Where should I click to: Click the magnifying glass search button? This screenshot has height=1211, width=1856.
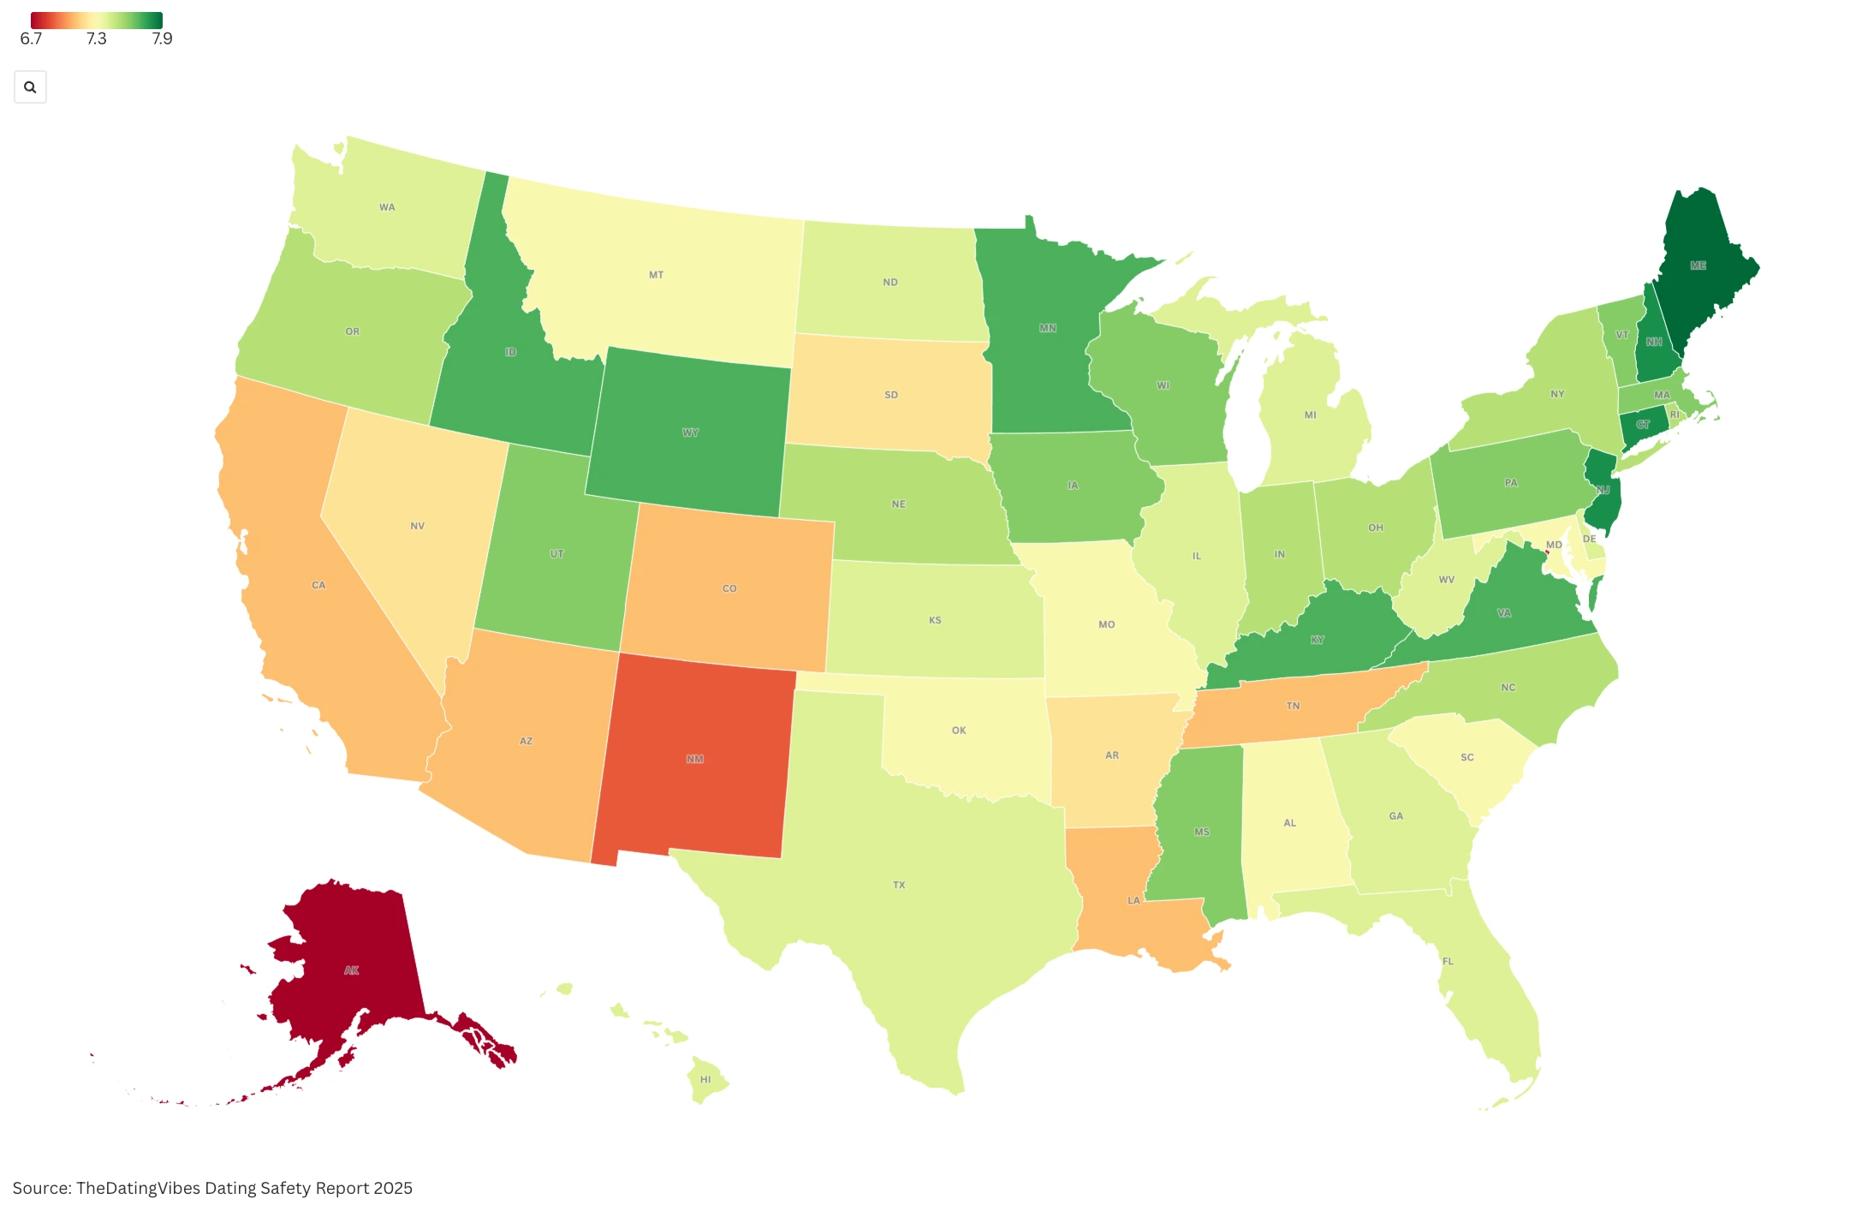30,87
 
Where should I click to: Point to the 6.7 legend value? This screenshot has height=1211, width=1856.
31,39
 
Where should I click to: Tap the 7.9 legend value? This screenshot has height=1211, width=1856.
162,39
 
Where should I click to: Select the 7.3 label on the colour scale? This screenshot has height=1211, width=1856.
96,39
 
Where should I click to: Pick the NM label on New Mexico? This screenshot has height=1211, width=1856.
694,759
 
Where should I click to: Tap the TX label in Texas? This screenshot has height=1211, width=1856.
899,885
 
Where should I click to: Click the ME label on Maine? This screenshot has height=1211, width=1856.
1698,265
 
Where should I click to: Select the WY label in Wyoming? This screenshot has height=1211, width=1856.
690,432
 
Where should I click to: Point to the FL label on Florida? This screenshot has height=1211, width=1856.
1448,961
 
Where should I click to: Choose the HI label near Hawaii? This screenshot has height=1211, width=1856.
705,1079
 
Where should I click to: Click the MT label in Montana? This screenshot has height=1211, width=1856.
656,275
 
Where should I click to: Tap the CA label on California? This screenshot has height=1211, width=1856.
318,585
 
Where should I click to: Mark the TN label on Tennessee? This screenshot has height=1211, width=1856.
1293,706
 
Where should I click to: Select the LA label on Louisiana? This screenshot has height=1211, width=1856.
1133,900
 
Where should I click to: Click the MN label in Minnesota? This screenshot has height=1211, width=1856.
1047,328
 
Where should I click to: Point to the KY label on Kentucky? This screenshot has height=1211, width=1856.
1317,640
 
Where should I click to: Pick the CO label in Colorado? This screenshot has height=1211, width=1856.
729,588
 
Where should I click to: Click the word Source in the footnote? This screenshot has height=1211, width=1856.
41,1188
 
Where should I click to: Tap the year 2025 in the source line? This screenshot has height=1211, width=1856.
392,1188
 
